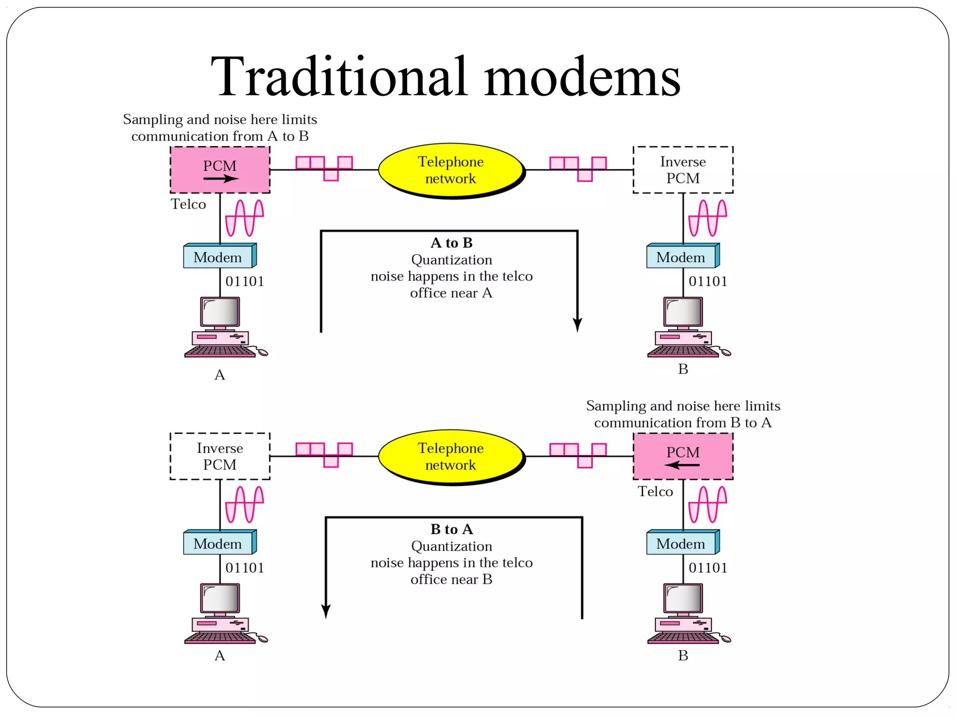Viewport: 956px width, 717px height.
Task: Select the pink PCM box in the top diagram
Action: tap(220, 169)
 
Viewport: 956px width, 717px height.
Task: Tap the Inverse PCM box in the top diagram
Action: tap(682, 169)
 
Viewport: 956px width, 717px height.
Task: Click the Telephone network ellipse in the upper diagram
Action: tap(450, 170)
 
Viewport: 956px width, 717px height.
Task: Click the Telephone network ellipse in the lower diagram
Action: tap(450, 457)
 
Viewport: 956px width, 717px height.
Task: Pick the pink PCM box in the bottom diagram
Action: tap(682, 456)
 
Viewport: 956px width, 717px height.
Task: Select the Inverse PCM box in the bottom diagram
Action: tap(220, 456)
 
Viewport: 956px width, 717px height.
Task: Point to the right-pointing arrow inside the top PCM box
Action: tap(221, 178)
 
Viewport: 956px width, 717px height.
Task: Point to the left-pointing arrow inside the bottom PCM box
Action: tap(682, 465)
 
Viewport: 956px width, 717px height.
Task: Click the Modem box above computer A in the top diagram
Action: tap(218, 257)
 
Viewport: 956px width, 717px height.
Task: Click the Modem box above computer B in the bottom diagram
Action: tap(682, 543)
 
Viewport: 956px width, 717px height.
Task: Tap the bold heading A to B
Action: tap(451, 243)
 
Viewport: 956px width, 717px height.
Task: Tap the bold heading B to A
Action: tap(451, 529)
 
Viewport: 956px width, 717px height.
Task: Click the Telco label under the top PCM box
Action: tap(188, 204)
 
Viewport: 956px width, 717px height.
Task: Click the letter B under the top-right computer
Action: tap(683, 369)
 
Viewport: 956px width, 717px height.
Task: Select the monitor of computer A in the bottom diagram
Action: tap(220, 598)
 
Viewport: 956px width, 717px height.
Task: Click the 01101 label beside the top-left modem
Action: tap(245, 281)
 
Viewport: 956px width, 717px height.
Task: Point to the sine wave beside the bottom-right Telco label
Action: tap(708, 504)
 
